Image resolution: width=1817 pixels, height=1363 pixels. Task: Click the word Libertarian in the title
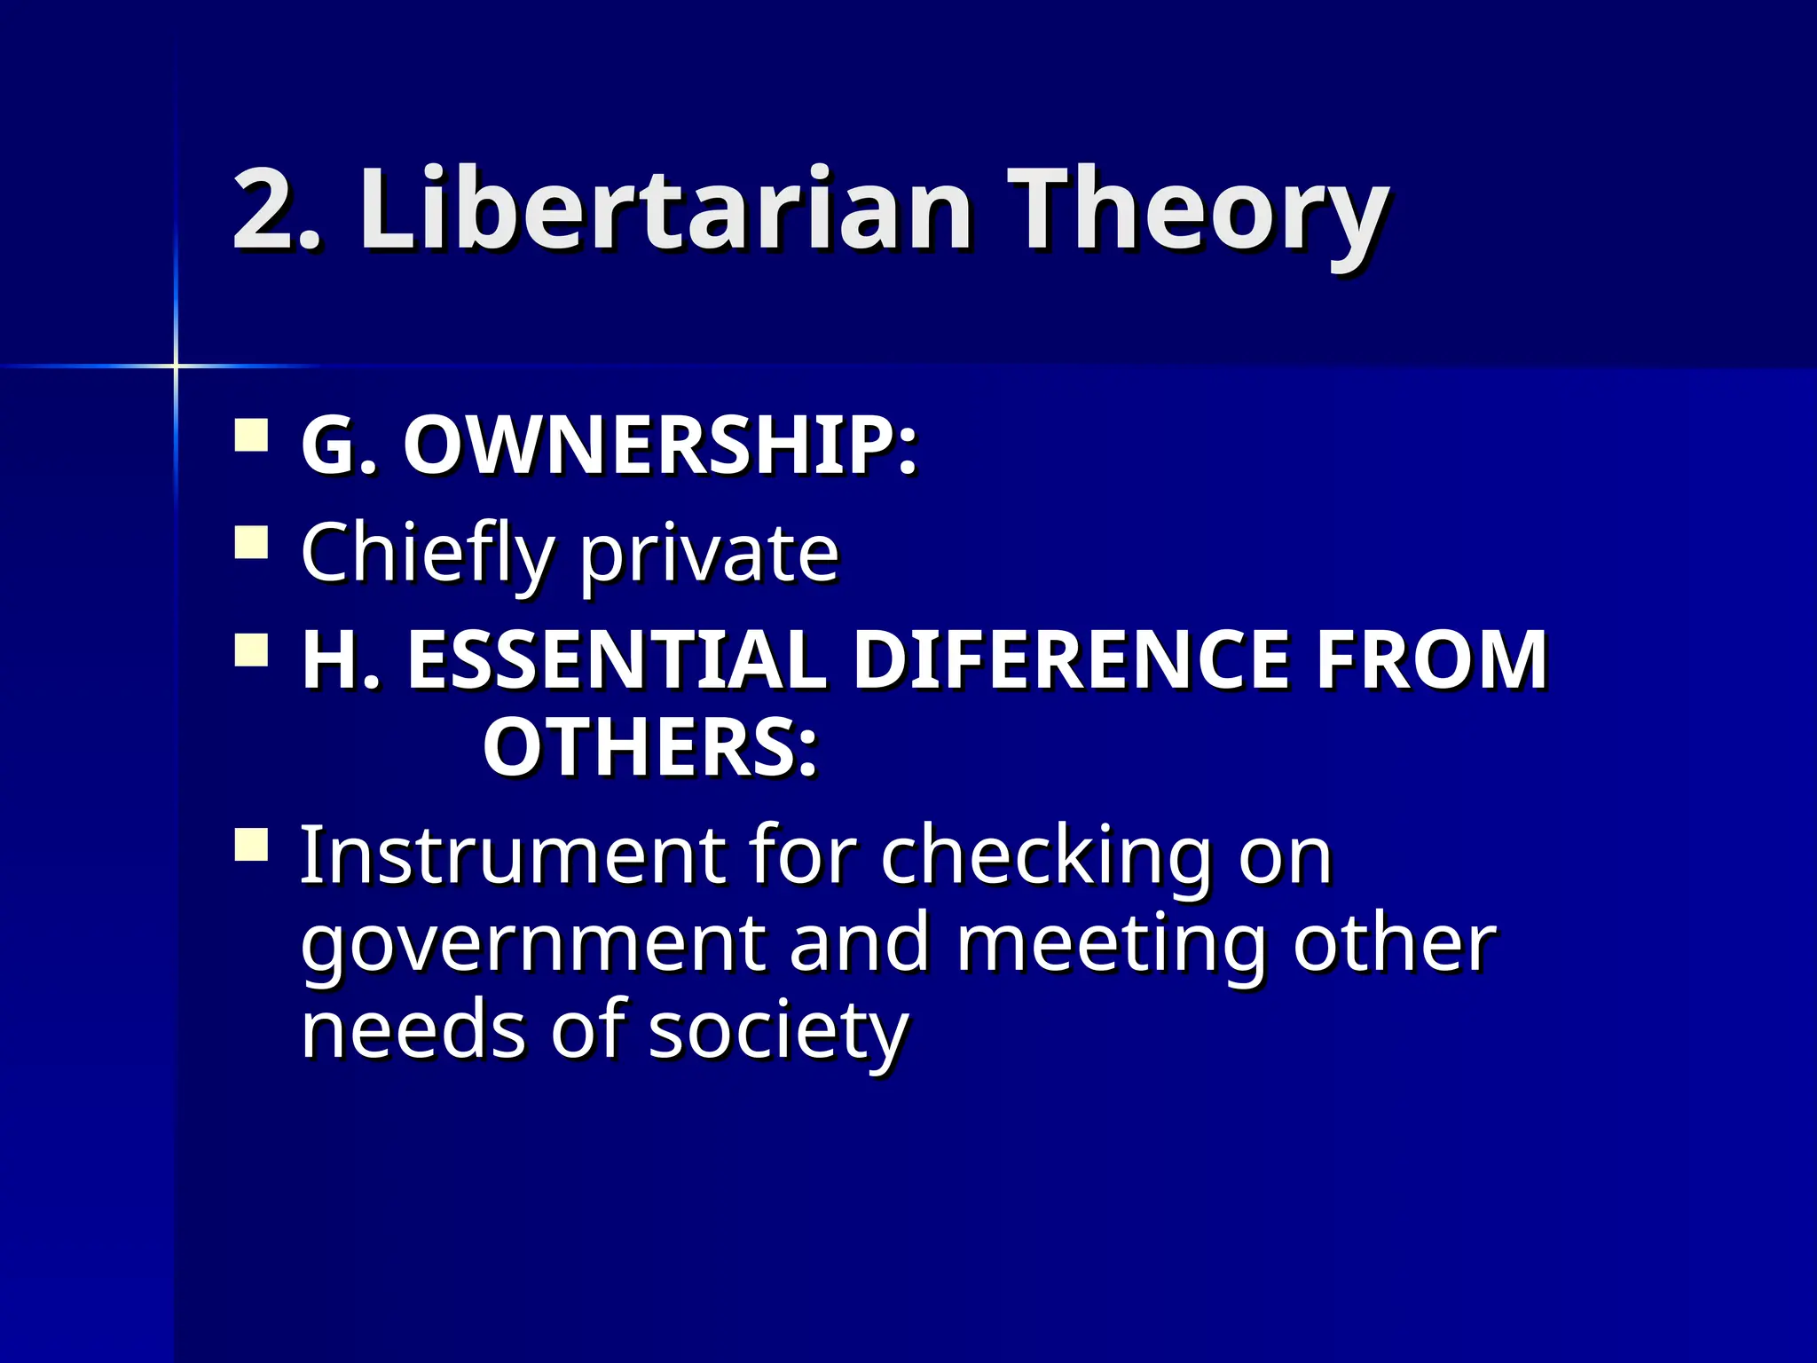(x=665, y=211)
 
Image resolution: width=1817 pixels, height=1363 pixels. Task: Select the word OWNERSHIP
(x=660, y=446)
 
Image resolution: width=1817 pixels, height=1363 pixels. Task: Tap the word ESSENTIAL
(x=617, y=660)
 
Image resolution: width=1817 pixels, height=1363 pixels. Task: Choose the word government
(x=532, y=945)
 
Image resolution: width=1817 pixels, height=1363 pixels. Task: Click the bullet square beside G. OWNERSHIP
(x=252, y=437)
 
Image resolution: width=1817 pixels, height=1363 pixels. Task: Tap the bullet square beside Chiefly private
(x=252, y=542)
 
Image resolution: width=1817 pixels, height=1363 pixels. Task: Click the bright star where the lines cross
(x=176, y=366)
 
